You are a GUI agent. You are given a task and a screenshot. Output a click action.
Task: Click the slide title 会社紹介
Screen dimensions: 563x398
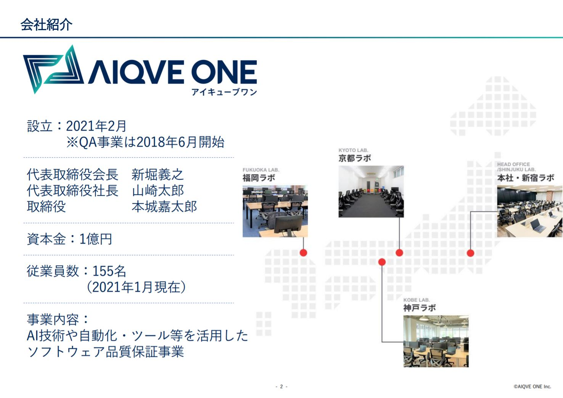click(47, 25)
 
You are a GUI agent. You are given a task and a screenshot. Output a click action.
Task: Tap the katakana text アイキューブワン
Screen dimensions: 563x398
click(224, 92)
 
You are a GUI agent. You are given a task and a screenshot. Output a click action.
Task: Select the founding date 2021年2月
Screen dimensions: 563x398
click(96, 126)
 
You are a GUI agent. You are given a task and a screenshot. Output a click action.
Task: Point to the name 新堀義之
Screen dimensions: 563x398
click(158, 174)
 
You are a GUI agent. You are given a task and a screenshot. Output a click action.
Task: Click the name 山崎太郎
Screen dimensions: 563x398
click(158, 190)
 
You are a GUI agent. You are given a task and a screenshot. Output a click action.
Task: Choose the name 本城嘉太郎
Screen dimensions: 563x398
click(164, 207)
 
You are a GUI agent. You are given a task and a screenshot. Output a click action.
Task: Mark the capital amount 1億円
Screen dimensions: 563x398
click(95, 239)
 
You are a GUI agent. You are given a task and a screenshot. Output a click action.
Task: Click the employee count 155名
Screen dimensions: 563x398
click(109, 271)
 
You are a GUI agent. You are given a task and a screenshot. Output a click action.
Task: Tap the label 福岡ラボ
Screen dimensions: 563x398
click(259, 178)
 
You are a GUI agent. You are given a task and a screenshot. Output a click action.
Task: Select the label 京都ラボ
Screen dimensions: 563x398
click(355, 158)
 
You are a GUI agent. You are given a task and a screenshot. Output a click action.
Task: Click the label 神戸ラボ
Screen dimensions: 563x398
click(420, 308)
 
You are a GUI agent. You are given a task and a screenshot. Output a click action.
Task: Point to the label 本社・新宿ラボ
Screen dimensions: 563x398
click(526, 178)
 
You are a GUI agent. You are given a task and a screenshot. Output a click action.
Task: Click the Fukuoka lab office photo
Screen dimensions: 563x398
click(275, 211)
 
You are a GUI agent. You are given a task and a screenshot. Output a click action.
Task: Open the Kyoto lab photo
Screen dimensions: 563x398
click(371, 192)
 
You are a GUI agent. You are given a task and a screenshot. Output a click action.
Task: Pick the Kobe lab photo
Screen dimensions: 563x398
click(436, 341)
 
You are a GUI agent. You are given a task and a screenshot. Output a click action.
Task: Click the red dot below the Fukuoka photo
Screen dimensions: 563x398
click(303, 253)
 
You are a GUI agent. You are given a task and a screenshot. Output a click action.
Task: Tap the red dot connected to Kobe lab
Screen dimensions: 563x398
click(382, 262)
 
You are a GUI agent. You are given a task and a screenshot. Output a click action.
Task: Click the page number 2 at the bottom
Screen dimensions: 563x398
click(281, 387)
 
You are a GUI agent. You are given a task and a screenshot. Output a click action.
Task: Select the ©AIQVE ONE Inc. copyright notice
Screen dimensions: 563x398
click(532, 387)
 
